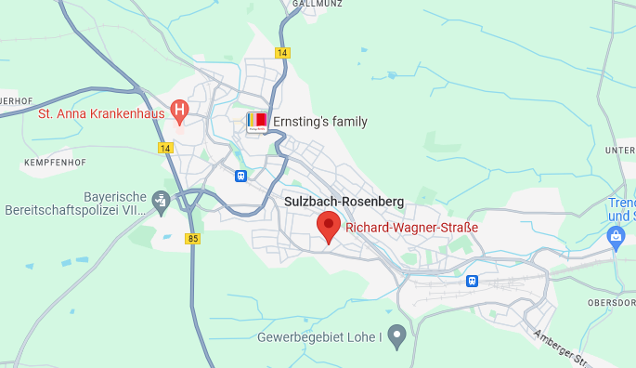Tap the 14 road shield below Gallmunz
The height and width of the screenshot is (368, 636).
[282, 53]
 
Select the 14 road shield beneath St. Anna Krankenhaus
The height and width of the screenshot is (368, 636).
[165, 148]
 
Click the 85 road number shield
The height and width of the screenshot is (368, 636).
[192, 239]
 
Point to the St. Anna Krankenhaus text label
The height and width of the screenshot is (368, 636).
[100, 114]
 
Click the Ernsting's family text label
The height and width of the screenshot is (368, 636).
[319, 122]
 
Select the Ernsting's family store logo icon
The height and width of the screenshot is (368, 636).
[257, 122]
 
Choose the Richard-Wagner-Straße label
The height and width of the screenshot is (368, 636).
[411, 228]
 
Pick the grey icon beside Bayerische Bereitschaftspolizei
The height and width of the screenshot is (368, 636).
[162, 199]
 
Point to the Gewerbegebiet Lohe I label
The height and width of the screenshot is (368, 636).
[320, 335]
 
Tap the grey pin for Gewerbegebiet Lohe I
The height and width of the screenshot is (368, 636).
[397, 335]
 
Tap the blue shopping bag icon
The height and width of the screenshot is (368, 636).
[615, 239]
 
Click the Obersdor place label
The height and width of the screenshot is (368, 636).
[610, 303]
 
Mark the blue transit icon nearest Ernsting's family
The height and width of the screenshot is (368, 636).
[240, 175]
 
